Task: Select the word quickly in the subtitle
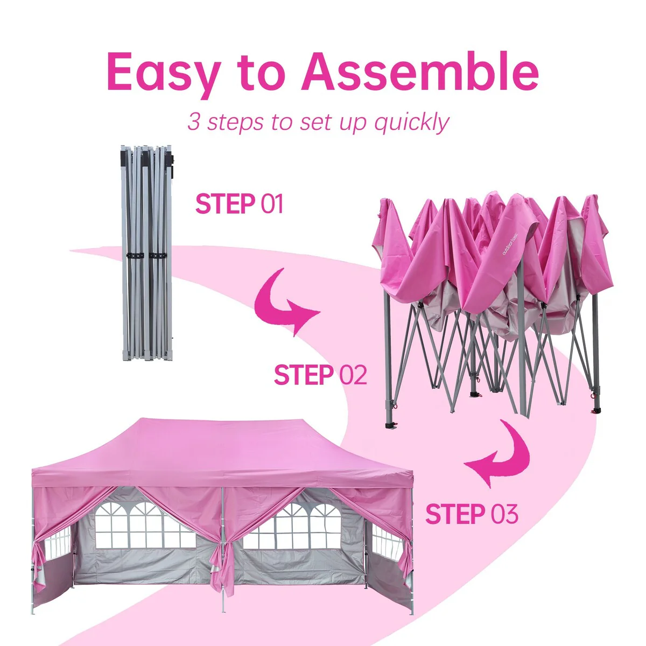click(412, 123)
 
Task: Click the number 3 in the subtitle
click(194, 121)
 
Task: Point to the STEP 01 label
click(240, 203)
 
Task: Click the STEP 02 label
click(320, 375)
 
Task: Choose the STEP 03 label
click(472, 514)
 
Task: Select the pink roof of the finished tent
click(221, 453)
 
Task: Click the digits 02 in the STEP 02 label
click(353, 375)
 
